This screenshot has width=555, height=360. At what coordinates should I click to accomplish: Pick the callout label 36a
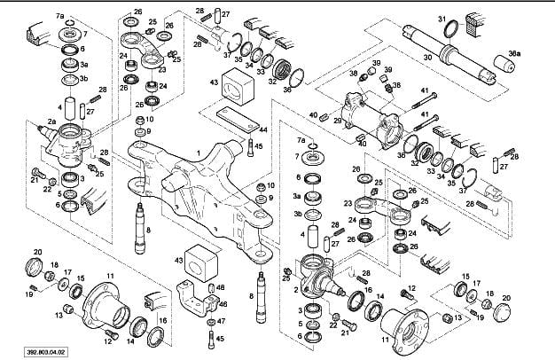point(515,54)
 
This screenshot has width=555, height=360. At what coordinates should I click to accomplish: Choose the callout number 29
point(338,121)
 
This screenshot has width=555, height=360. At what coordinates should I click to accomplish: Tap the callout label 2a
point(51,121)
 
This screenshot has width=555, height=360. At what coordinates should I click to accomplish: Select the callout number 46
point(221,288)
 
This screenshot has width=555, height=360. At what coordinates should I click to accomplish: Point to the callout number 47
point(221,320)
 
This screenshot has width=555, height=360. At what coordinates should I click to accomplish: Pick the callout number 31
point(441,19)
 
